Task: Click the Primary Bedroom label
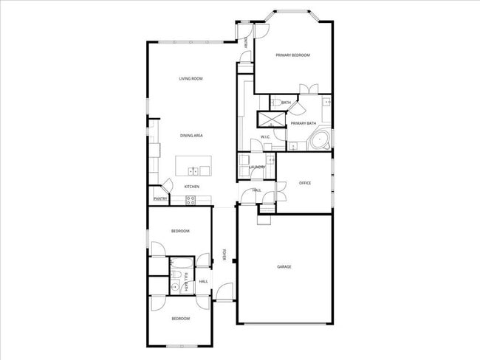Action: tap(292, 55)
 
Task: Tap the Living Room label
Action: tap(191, 79)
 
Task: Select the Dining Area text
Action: tap(191, 136)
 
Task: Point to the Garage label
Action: tap(284, 266)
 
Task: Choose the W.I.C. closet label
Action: tap(264, 138)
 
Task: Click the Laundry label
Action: tap(257, 167)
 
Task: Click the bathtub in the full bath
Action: tap(182, 264)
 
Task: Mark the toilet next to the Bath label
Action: tap(272, 103)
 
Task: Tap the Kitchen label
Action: tap(191, 187)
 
